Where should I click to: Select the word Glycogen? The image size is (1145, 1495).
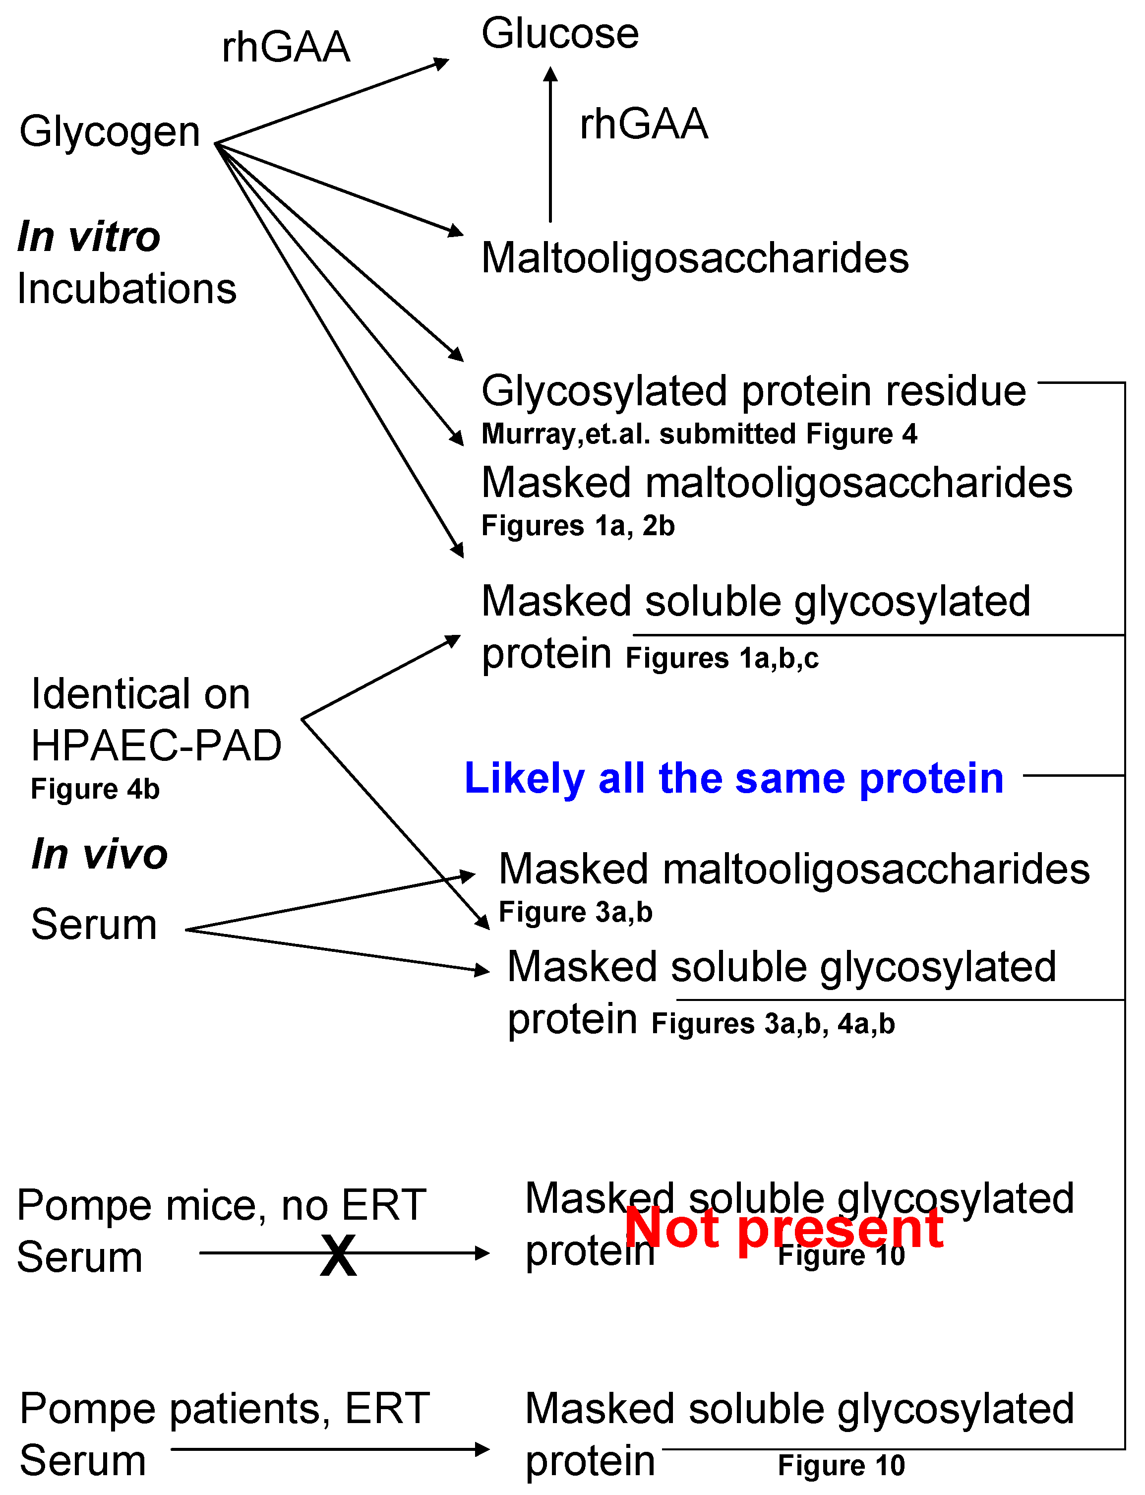pos(110,131)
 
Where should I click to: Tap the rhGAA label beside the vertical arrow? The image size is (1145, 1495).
pos(643,124)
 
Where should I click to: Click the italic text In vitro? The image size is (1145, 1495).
pos(89,236)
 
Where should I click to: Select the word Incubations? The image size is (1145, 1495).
pos(127,288)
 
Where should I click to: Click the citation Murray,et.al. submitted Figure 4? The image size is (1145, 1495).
pos(699,434)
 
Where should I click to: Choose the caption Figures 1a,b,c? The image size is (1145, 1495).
pos(722,658)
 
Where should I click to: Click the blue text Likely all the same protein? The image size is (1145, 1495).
pos(734,778)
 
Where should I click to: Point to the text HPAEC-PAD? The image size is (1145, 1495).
pos(156,745)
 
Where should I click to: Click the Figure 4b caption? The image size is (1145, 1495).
pos(95,789)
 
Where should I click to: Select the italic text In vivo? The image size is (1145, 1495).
pos(100,854)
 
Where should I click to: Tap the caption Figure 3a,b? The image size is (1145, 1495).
pos(576,912)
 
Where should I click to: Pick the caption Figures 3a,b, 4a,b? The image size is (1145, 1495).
pos(773,1023)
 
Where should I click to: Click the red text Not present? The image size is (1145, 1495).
pos(784,1228)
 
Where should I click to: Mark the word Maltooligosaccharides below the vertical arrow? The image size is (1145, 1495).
pos(695,258)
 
